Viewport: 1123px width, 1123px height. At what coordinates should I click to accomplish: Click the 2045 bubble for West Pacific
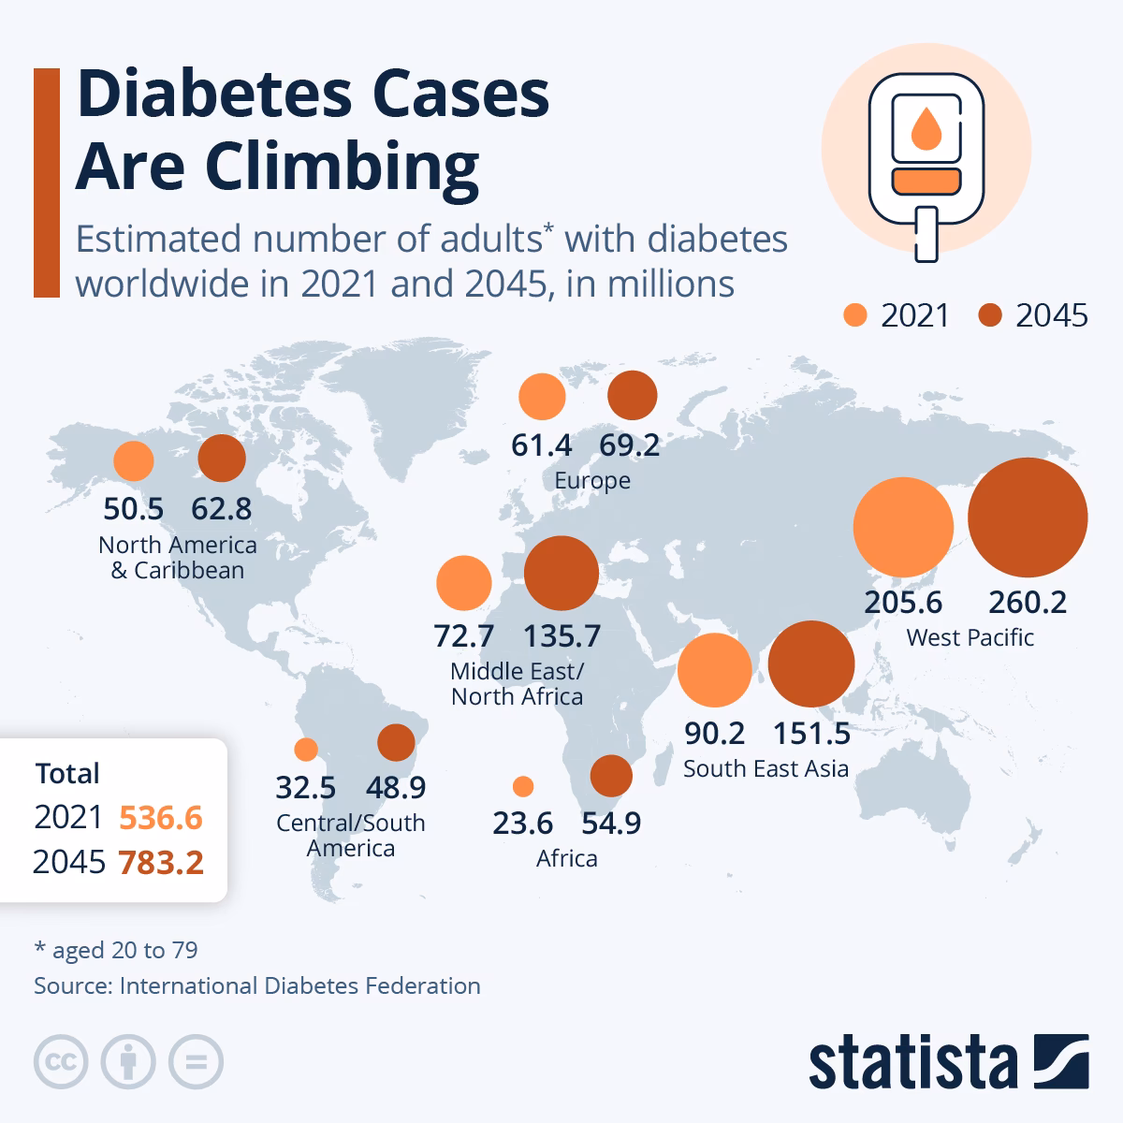click(x=1027, y=518)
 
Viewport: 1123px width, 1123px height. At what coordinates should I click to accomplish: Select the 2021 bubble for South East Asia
click(x=714, y=669)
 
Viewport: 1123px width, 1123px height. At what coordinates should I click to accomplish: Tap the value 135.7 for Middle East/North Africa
click(x=561, y=636)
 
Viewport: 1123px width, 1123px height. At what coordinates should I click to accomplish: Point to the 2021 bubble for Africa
click(x=523, y=785)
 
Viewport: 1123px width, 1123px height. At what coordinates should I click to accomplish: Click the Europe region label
click(x=592, y=481)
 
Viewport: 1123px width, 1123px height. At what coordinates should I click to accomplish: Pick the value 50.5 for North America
click(x=133, y=509)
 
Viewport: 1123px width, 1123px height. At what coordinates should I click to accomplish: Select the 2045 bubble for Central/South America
click(x=396, y=743)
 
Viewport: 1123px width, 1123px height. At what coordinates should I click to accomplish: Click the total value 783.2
click(x=161, y=862)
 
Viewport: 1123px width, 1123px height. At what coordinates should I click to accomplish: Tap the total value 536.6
click(x=161, y=818)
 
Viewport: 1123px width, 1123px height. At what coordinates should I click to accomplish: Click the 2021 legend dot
click(x=855, y=315)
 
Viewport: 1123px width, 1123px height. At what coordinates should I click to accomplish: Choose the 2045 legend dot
click(x=990, y=315)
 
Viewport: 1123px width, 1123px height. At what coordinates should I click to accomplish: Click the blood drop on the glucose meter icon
click(x=926, y=129)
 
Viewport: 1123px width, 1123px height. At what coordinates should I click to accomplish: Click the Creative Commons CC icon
click(x=61, y=1062)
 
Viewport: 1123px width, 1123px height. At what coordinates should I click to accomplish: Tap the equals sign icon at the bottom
click(x=197, y=1062)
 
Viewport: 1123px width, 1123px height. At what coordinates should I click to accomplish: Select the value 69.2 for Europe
click(x=630, y=445)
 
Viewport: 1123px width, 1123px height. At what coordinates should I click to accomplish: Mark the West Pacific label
click(x=970, y=638)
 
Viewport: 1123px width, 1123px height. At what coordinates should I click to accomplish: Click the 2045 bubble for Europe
click(x=633, y=395)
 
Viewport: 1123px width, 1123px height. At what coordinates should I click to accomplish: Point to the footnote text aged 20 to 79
click(x=124, y=951)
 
